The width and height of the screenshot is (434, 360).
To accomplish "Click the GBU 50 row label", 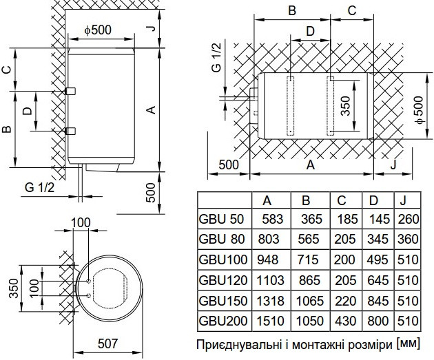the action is tap(221, 219).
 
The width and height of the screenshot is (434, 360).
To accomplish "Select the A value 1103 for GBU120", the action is tap(271, 280).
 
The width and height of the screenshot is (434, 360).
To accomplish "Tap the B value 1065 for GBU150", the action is tap(310, 301).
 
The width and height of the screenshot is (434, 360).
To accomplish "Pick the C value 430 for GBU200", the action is tap(345, 321).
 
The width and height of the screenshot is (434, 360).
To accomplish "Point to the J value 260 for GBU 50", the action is tap(409, 219).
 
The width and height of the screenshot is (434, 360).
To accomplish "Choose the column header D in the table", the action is tap(373, 200).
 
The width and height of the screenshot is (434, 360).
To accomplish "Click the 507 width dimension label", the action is tap(107, 343).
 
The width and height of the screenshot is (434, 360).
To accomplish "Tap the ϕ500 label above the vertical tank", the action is tap(98, 30).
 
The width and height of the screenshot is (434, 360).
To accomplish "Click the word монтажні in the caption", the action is tap(320, 345).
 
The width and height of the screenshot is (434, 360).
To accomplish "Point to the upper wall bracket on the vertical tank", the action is tap(70, 91).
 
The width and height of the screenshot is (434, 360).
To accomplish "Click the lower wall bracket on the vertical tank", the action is tap(70, 131).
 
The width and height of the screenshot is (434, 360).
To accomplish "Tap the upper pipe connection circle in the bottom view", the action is tap(89, 282).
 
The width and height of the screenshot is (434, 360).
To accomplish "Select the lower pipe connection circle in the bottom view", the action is tap(89, 296).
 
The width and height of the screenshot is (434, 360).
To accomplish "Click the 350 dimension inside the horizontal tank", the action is tap(345, 105).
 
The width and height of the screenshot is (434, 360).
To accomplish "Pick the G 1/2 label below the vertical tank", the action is tap(39, 188).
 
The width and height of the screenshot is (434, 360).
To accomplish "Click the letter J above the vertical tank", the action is tap(152, 28).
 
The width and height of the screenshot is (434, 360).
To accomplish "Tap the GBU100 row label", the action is tap(223, 260).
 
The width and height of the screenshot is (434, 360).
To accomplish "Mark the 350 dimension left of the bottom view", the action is tap(14, 288).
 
